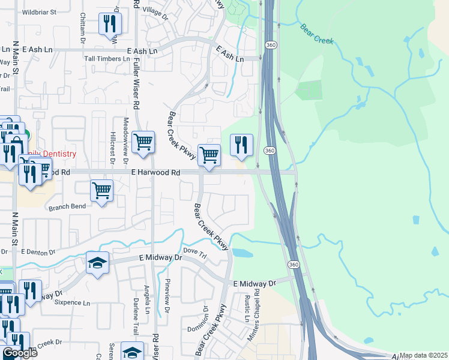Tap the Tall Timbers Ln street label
[107, 59]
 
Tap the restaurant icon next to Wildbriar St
[109, 23]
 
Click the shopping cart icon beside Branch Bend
[101, 191]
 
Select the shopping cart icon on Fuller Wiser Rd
[143, 143]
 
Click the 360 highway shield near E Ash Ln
[271, 45]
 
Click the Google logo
[19, 352]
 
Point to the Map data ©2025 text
[424, 355]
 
